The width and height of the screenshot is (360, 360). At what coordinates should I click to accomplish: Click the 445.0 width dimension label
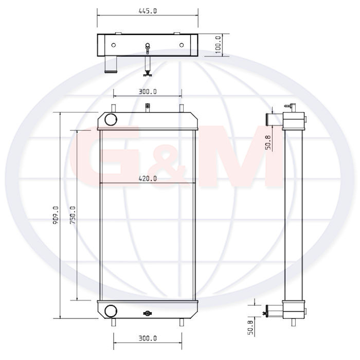148,11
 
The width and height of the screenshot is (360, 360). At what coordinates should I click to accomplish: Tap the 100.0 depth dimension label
218,45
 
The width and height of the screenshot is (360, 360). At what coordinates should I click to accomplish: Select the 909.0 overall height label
56,215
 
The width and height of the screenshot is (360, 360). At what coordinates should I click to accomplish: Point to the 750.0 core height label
73,215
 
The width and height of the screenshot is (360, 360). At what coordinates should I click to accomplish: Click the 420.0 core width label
148,178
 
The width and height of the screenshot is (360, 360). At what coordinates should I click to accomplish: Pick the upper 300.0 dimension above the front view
148,92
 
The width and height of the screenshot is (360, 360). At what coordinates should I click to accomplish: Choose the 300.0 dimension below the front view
148,338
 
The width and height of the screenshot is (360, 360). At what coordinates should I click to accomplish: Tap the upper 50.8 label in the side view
268,142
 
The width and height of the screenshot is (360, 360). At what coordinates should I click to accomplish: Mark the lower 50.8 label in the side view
250,328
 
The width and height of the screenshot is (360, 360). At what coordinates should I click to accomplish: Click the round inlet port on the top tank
111,120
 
